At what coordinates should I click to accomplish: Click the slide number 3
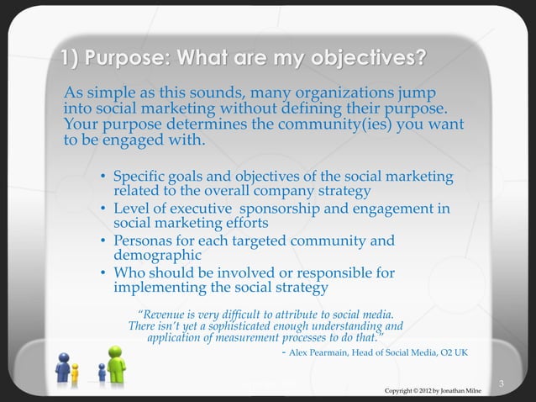(501, 384)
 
